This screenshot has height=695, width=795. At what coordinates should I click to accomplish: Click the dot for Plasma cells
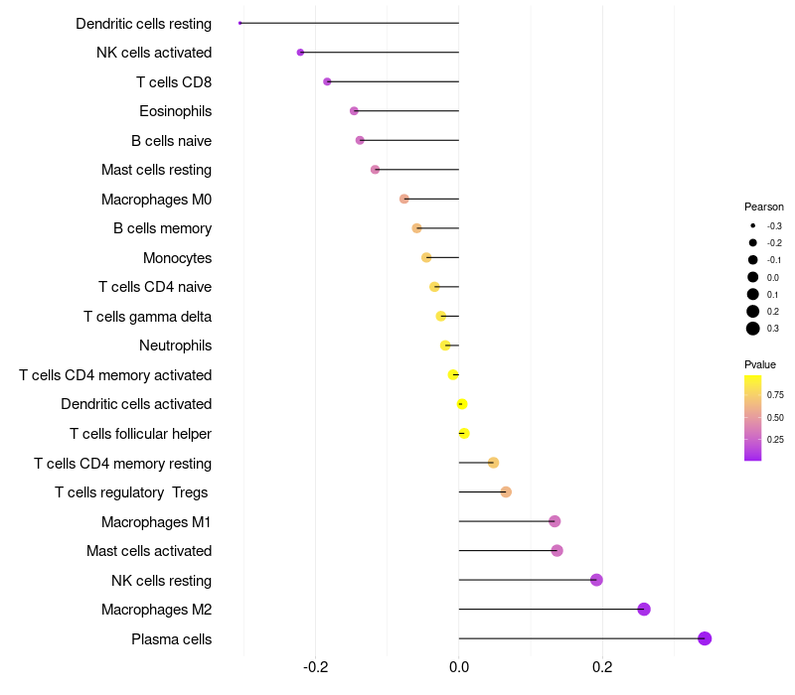(x=705, y=638)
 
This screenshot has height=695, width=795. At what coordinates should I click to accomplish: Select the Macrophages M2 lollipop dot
(x=644, y=609)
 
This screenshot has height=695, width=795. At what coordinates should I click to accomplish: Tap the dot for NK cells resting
(x=596, y=580)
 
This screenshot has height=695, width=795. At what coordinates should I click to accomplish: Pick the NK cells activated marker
(x=300, y=52)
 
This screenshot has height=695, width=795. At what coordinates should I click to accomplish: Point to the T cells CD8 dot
(x=327, y=81)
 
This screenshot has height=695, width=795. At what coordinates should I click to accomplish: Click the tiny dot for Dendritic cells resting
(x=240, y=23)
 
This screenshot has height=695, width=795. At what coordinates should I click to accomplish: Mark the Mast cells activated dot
(x=556, y=550)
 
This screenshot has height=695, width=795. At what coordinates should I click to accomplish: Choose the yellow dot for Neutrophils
(x=446, y=346)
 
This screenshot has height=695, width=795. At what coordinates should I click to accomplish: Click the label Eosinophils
(x=175, y=111)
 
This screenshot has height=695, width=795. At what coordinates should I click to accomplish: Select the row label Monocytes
(x=177, y=258)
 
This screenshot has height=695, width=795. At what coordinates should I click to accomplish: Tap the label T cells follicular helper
(x=140, y=434)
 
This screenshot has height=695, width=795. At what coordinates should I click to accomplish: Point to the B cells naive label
(x=171, y=141)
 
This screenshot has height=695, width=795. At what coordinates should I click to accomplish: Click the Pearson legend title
(x=764, y=208)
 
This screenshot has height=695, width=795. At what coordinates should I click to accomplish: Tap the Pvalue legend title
(x=760, y=364)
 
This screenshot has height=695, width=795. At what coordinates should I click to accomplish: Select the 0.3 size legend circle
(x=753, y=329)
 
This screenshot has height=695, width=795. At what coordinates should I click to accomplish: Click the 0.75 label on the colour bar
(x=775, y=394)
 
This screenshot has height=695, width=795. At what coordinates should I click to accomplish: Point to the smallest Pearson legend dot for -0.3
(x=753, y=226)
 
